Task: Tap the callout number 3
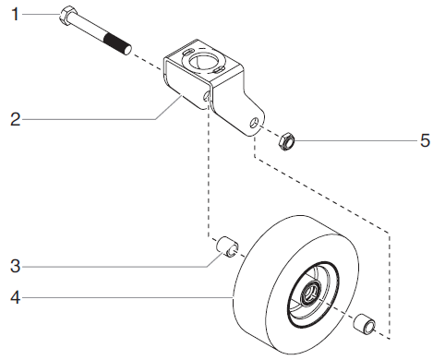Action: (x=14, y=267)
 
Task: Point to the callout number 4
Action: (x=14, y=298)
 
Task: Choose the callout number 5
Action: (x=425, y=141)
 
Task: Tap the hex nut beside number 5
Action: (x=287, y=141)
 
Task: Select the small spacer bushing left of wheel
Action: (x=227, y=248)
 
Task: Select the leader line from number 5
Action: (x=351, y=141)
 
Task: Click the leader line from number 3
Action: (x=120, y=267)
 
